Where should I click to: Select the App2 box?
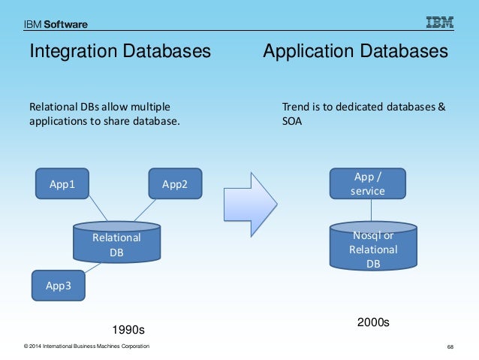click(174, 183)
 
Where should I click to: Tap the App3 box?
click(59, 286)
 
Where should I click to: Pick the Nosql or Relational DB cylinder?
click(373, 249)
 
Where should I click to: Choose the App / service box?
click(368, 183)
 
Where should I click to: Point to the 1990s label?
click(128, 329)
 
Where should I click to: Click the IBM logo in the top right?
click(440, 23)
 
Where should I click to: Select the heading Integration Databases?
click(119, 52)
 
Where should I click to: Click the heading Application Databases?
click(355, 52)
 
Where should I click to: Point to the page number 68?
click(450, 346)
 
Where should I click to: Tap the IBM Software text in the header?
click(56, 24)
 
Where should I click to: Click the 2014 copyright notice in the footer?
click(86, 346)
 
